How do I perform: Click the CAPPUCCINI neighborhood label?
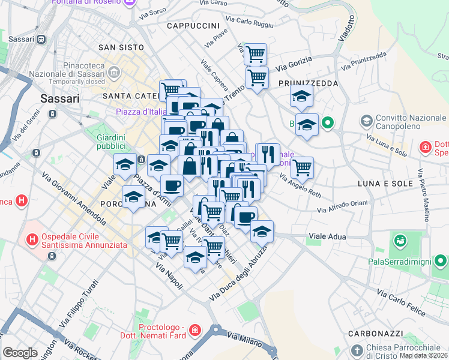pyautogui.click(x=193, y=26)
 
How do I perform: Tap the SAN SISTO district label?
pyautogui.click(x=121, y=47)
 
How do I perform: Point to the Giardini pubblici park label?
pyautogui.click(x=111, y=142)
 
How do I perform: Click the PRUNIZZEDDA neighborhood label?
pyautogui.click(x=308, y=83)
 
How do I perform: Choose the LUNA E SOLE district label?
pyautogui.click(x=385, y=183)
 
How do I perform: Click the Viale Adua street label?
pyautogui.click(x=327, y=236)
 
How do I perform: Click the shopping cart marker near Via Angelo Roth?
pyautogui.click(x=302, y=167)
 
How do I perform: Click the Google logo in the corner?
pyautogui.click(x=20, y=353)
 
